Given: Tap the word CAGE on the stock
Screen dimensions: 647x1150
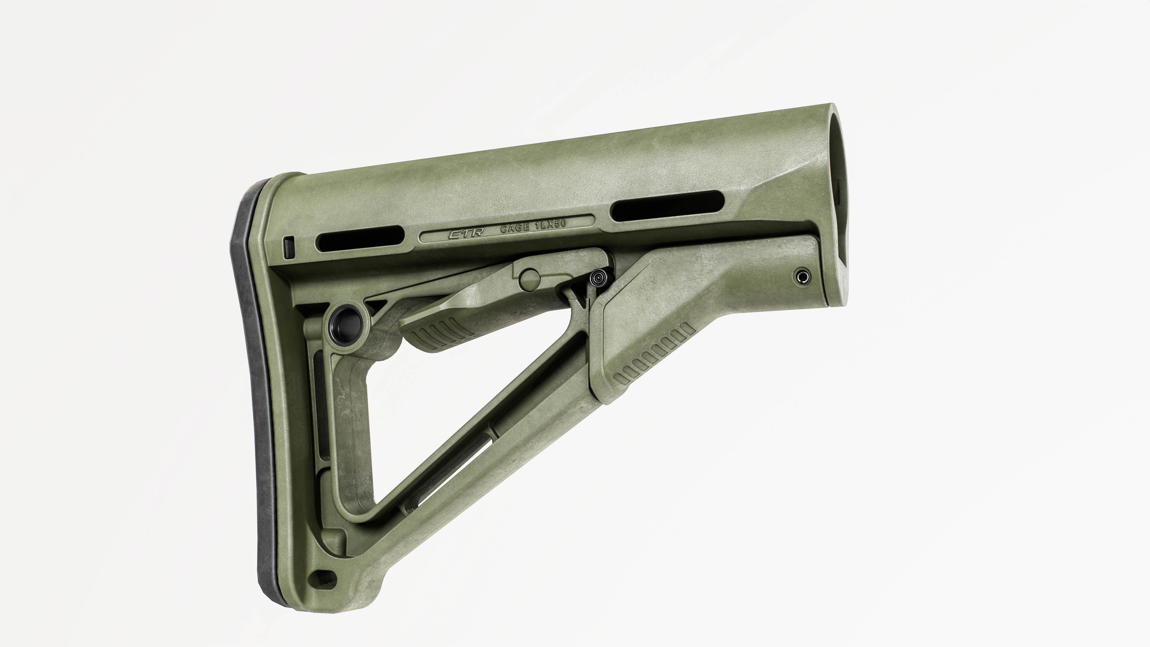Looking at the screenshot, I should tap(516, 229).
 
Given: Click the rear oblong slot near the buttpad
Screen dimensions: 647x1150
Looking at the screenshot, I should tap(359, 238).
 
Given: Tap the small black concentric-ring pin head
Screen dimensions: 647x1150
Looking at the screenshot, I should tap(598, 279).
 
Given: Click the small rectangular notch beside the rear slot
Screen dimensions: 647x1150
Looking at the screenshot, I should tap(289, 247).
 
